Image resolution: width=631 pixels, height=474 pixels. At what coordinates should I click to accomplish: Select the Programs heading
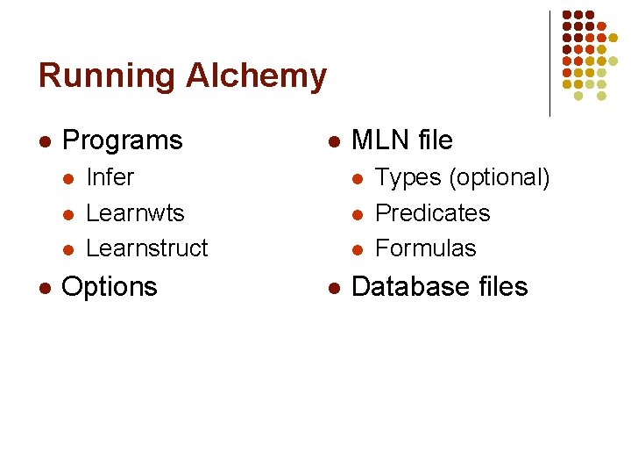(123, 140)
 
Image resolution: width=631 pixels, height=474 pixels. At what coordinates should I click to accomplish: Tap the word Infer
(110, 177)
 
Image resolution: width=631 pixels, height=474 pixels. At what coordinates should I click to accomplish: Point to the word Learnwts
(135, 213)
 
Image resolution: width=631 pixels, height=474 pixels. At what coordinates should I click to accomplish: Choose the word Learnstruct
(147, 248)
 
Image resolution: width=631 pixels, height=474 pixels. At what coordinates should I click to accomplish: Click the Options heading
(110, 287)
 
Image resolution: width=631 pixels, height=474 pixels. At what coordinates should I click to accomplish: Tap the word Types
(408, 178)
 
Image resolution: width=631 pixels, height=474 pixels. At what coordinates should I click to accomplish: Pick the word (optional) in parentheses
(500, 178)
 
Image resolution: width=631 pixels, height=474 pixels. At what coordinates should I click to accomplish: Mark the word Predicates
(432, 213)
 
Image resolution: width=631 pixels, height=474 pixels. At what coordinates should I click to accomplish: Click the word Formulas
(425, 248)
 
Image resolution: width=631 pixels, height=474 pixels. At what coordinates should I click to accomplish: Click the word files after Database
(501, 287)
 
